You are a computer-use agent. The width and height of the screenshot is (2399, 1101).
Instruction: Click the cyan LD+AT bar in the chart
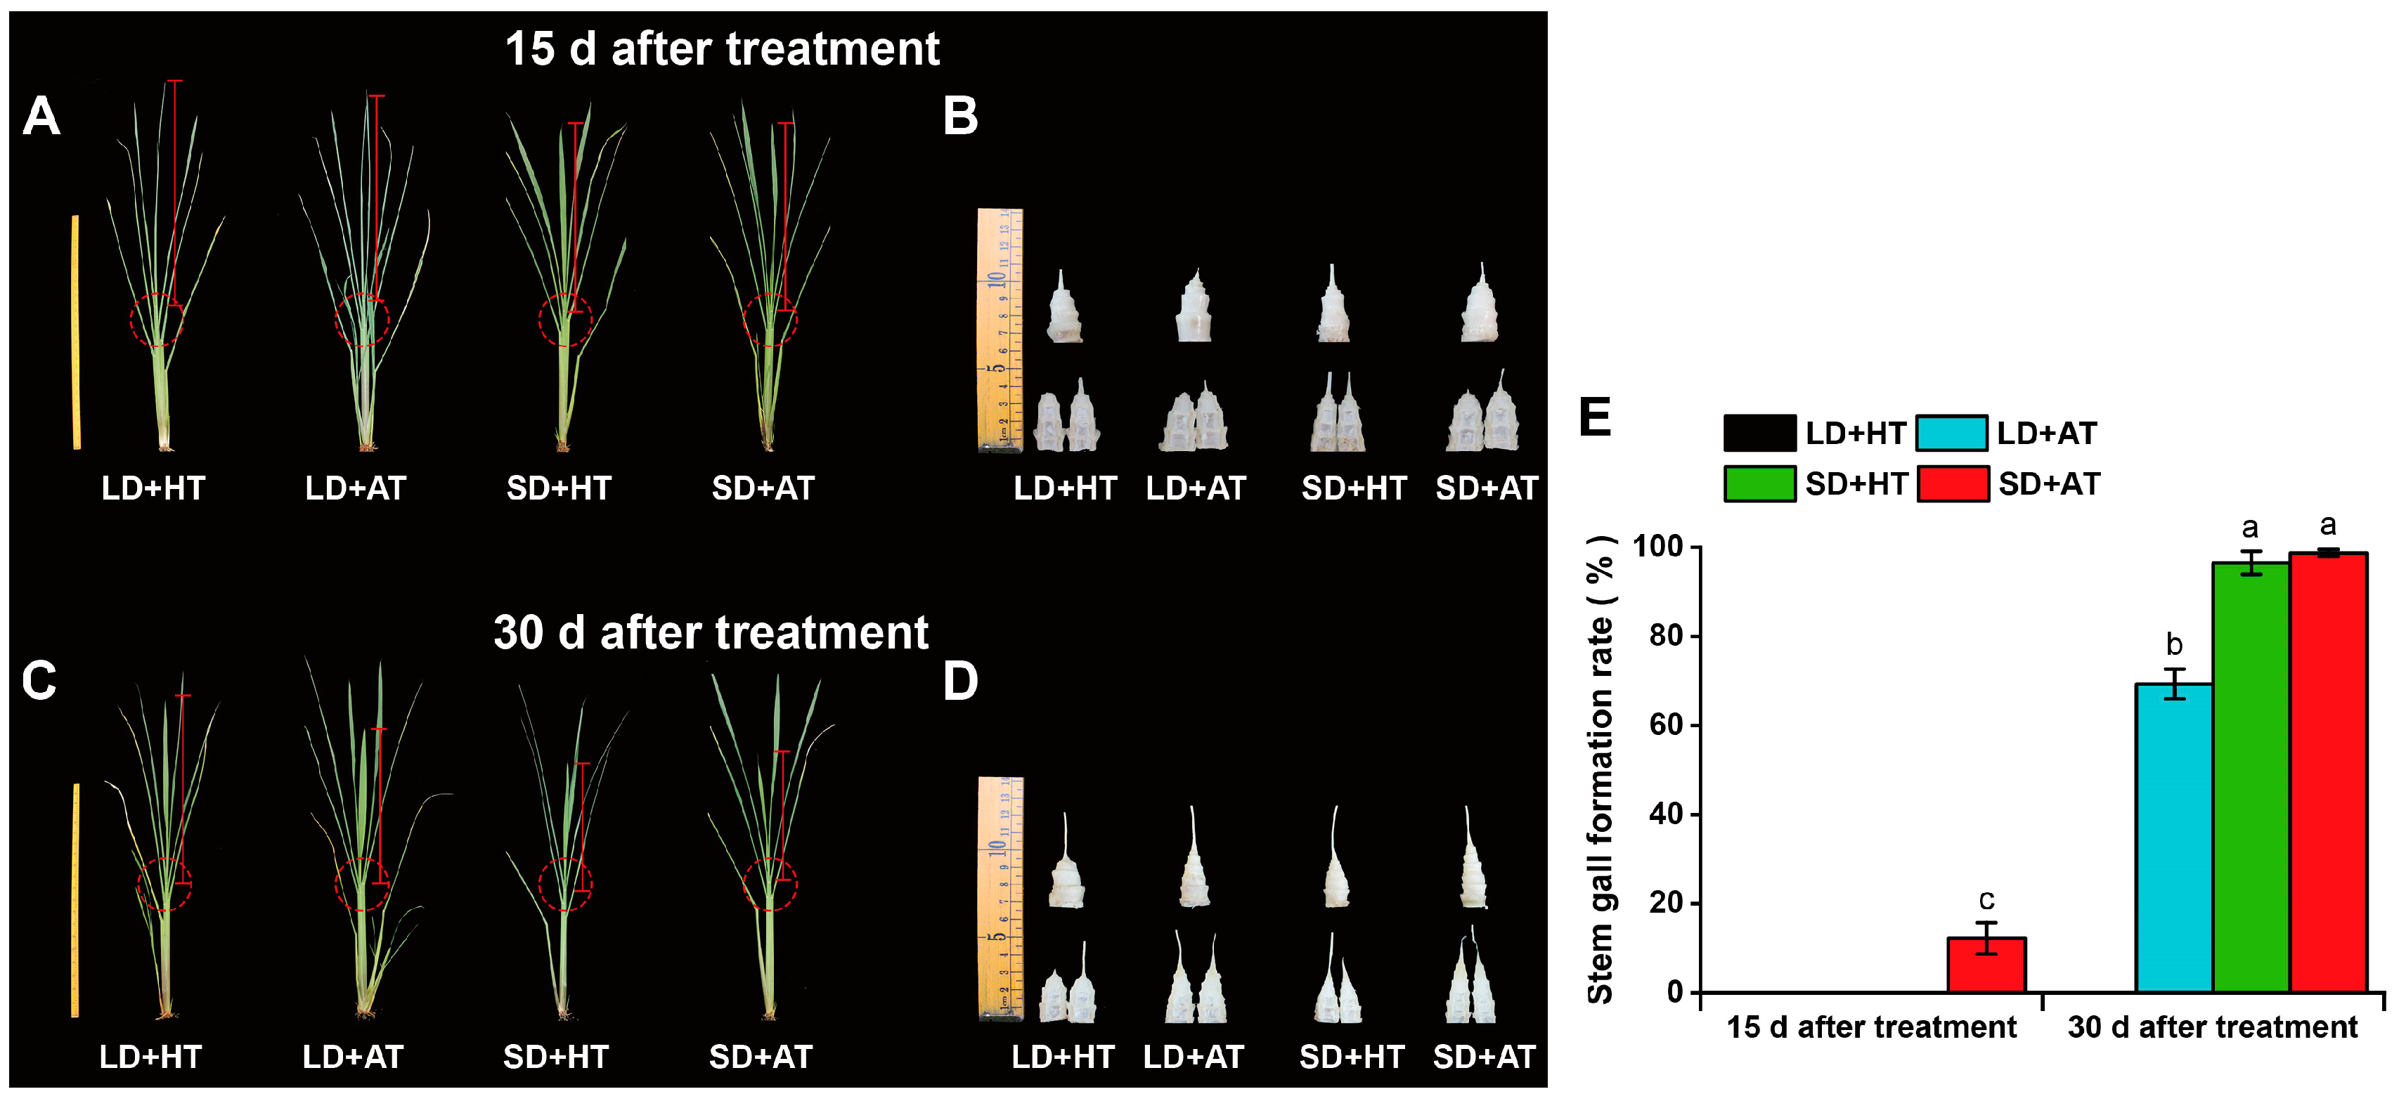click(x=2173, y=838)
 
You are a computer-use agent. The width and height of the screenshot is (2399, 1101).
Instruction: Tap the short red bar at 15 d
click(x=1986, y=965)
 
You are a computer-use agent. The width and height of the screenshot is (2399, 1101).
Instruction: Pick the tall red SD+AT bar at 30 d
click(x=2328, y=772)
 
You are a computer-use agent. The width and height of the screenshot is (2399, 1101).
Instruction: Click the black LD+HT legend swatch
click(x=1759, y=433)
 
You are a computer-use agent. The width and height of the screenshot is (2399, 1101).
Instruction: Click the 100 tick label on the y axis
click(x=1659, y=547)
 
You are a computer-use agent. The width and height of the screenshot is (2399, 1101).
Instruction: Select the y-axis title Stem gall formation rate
click(x=1600, y=769)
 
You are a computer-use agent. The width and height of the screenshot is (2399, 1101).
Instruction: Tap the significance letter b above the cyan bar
click(x=2173, y=644)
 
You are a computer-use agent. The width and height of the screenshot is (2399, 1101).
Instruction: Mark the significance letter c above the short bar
click(x=1986, y=899)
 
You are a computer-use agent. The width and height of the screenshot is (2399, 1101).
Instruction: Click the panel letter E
click(x=1596, y=418)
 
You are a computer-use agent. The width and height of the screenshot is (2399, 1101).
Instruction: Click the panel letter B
click(x=960, y=117)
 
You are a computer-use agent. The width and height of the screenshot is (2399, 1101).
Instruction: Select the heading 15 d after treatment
click(x=722, y=48)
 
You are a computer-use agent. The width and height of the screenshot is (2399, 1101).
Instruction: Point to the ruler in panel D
click(x=1000, y=898)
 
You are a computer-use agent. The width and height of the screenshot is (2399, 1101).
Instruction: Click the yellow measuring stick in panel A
click(x=75, y=332)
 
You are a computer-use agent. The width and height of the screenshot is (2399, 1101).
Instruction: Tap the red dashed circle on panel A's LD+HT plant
click(x=157, y=320)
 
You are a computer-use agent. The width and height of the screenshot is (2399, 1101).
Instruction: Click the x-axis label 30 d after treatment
click(x=2212, y=1027)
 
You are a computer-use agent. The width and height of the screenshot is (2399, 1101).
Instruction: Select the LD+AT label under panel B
click(x=1196, y=488)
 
